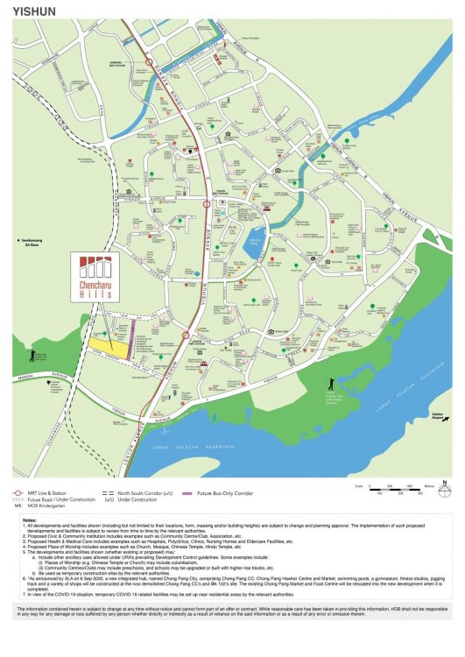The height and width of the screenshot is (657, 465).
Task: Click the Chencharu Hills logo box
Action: (95, 278)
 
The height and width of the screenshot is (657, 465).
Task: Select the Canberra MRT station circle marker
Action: (150, 62)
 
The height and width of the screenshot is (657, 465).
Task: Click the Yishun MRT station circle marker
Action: (206, 203)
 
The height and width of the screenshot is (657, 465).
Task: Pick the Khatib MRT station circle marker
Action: (184, 336)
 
